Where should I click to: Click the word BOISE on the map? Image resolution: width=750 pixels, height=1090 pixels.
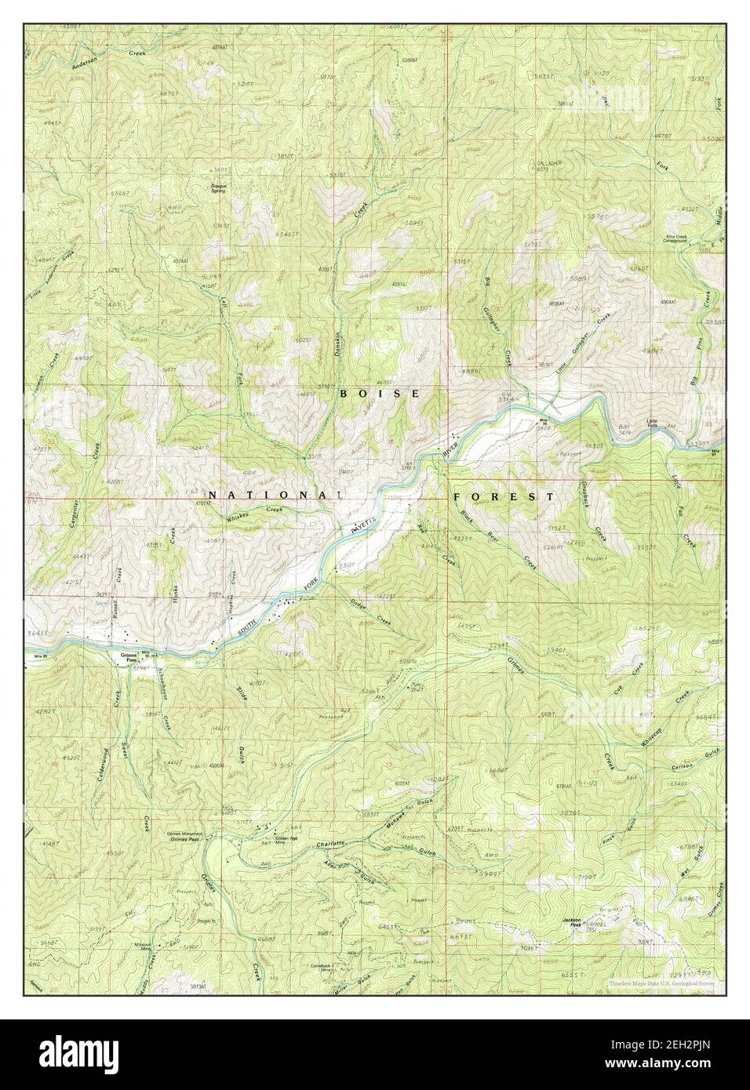380,393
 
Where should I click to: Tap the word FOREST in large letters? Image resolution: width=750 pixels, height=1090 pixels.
503,496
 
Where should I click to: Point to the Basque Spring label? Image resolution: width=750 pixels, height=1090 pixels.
217,188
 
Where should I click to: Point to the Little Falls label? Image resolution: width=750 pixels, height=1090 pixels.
652,424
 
